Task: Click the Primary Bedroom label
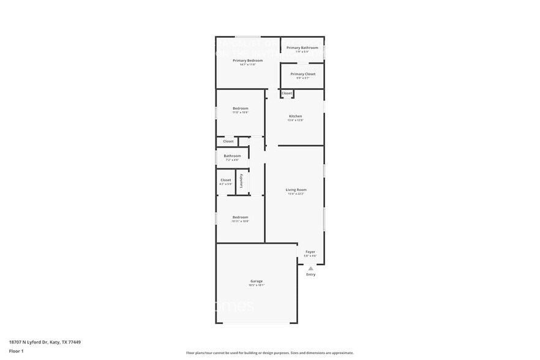point(247,60)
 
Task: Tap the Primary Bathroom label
point(302,48)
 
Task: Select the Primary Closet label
point(302,74)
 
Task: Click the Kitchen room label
point(295,116)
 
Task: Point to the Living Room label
point(296,190)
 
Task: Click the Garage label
point(256,281)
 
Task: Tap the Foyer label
point(310,252)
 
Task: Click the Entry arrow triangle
point(310,268)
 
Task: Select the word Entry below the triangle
point(310,274)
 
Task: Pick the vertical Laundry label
point(242,181)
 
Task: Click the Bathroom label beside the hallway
point(232,156)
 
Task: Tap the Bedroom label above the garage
point(240,217)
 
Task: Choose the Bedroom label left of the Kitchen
point(240,108)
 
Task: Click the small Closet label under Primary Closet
point(287,93)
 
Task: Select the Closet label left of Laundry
point(225,180)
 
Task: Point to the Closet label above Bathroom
point(228,141)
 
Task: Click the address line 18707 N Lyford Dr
point(45,342)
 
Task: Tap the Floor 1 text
point(16,351)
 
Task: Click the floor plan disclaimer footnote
point(269,353)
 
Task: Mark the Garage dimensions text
point(256,285)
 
